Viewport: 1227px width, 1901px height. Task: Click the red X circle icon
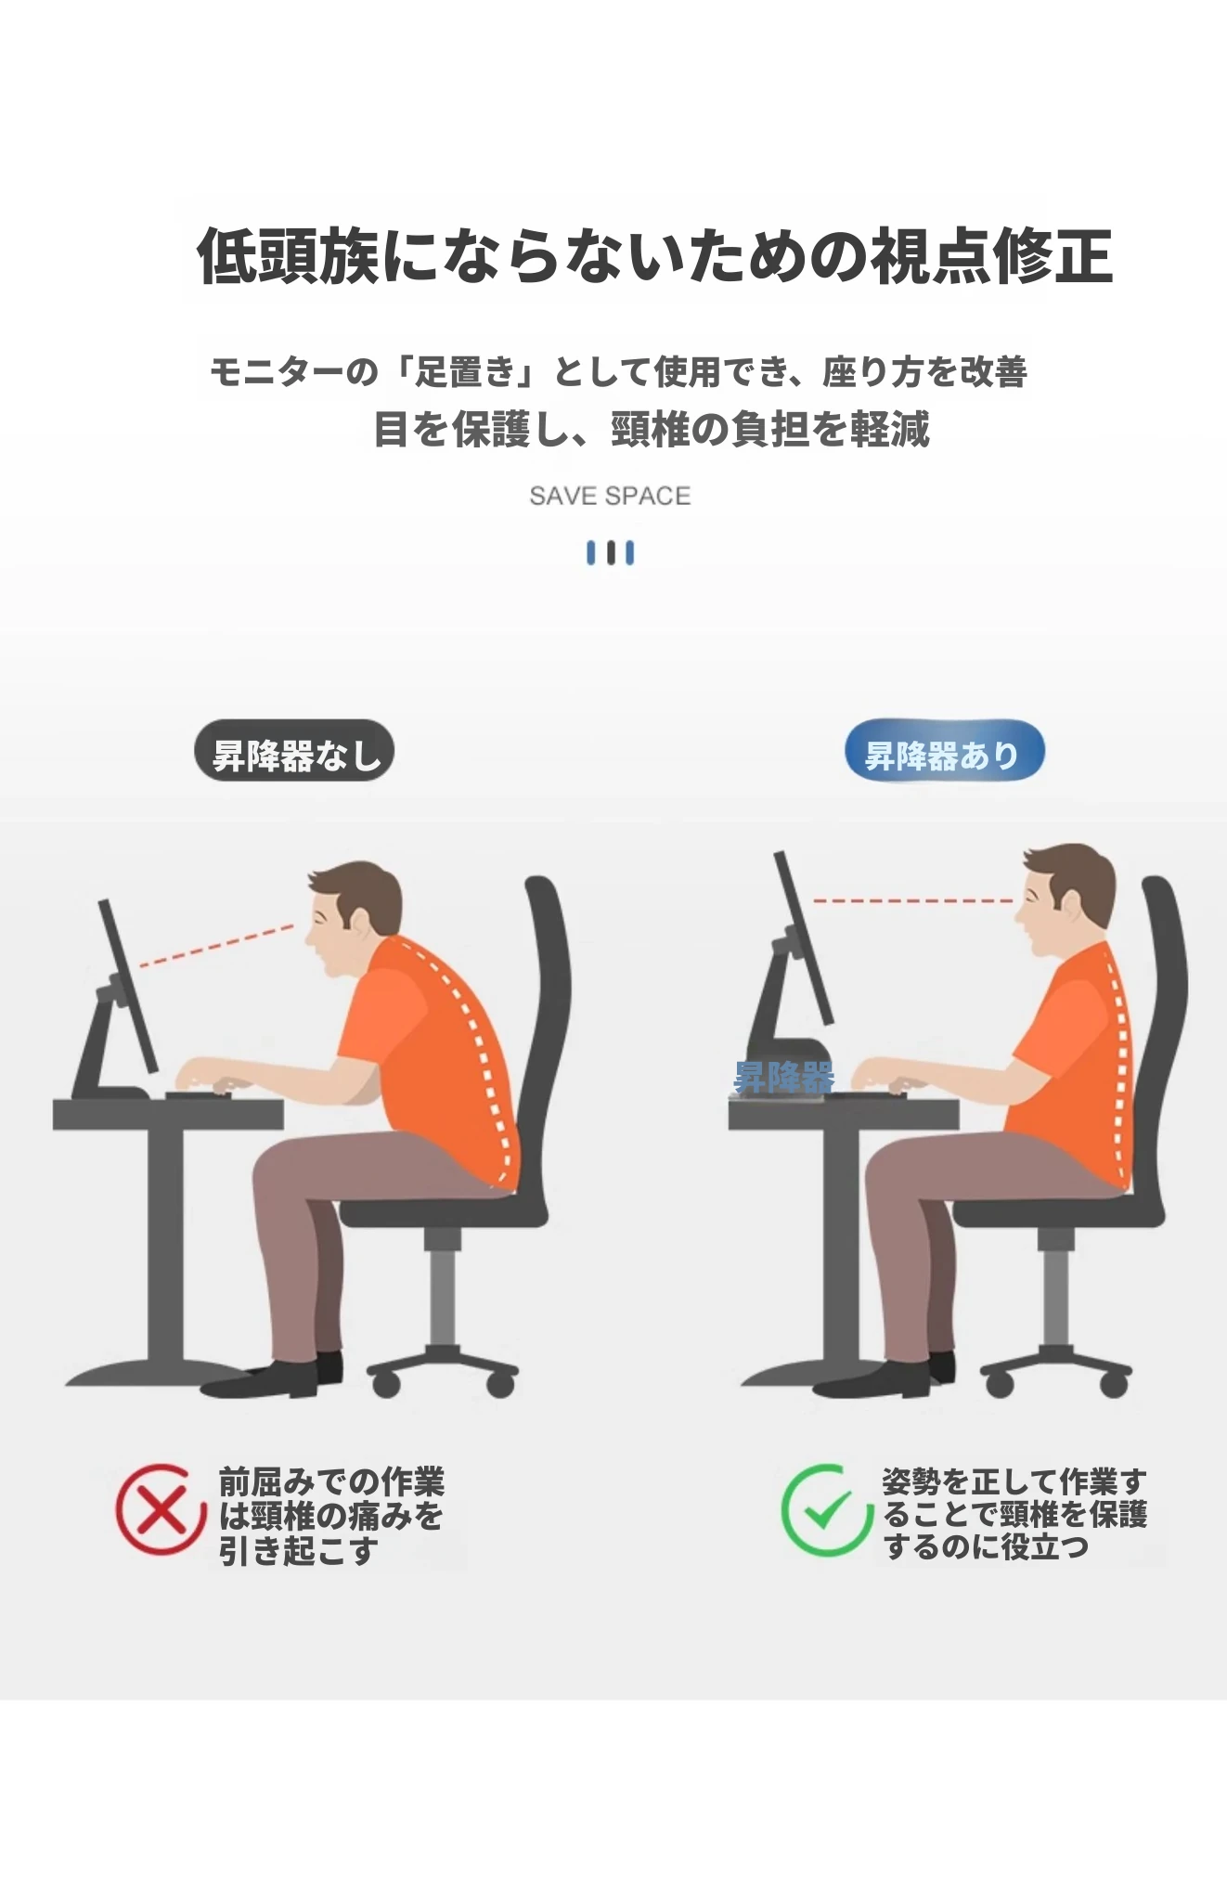161,1510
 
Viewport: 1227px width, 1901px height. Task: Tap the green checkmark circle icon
825,1510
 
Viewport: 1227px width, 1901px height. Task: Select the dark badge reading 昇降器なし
294,751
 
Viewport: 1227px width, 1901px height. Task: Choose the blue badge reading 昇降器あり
944,751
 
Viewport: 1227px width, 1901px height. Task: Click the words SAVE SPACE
610,497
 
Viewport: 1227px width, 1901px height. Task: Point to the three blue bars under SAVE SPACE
610,553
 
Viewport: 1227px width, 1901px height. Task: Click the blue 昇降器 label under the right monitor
784,1078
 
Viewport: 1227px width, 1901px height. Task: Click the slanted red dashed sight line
216,946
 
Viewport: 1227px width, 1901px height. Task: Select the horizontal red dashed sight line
912,900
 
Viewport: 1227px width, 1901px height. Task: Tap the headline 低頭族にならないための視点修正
654,255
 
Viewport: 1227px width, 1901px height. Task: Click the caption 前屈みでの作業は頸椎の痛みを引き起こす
331,1515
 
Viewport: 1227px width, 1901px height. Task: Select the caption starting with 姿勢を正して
1014,1513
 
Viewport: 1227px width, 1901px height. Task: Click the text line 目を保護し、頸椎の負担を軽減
651,429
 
